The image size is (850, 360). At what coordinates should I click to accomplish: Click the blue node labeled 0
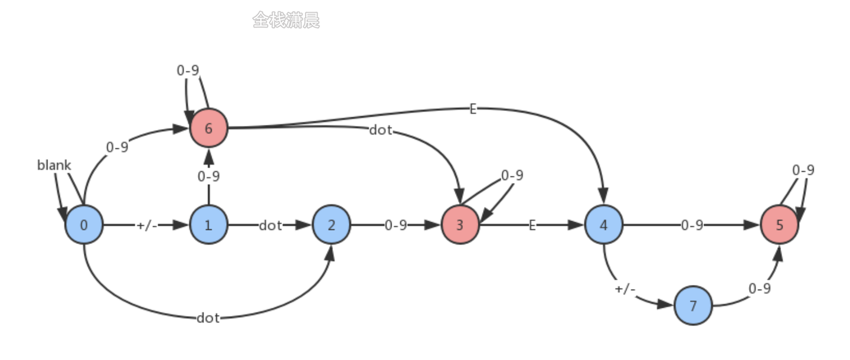click(84, 225)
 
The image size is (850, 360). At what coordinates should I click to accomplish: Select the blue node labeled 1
click(208, 225)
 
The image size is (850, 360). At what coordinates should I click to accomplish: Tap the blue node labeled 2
click(331, 225)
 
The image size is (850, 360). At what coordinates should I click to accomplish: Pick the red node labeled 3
click(460, 225)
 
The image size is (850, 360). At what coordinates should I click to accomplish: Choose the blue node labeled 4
click(603, 225)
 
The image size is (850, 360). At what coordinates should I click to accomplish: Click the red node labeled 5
click(779, 225)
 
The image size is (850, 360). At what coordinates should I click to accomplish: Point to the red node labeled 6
click(208, 127)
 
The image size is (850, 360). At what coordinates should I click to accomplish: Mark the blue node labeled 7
click(693, 306)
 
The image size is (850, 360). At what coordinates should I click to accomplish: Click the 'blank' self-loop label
click(54, 165)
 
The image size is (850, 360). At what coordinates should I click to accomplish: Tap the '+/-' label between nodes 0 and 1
click(146, 225)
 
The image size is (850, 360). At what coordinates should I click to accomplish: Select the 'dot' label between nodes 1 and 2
click(270, 225)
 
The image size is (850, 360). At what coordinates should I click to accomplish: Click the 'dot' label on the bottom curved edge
click(208, 318)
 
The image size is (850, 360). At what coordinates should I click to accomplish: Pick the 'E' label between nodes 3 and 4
click(532, 225)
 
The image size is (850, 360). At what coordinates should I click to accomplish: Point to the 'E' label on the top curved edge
click(472, 109)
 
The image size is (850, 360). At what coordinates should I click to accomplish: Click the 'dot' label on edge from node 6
click(380, 130)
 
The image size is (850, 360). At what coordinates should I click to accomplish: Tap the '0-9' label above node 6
click(188, 71)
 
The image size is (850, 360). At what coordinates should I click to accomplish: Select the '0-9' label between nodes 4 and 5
click(691, 225)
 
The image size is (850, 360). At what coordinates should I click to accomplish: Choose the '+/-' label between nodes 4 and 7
click(625, 289)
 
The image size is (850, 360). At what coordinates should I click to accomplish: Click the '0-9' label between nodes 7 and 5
click(760, 289)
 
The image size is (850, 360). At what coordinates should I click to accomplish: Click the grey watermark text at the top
click(286, 21)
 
